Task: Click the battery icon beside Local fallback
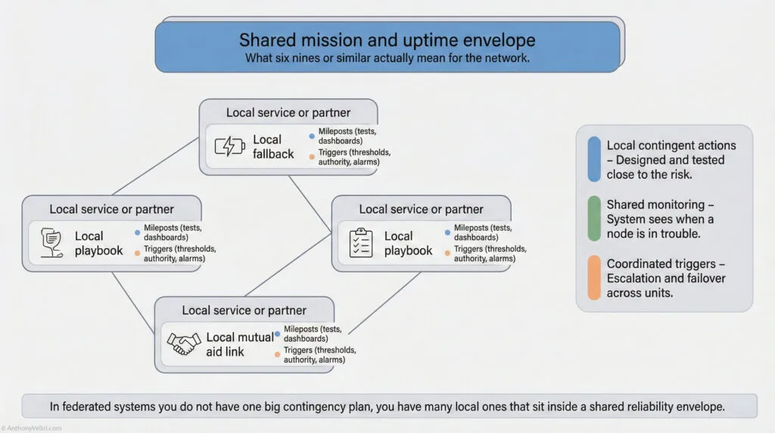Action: (229, 146)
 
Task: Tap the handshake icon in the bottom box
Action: (183, 344)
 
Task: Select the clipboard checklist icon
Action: (360, 242)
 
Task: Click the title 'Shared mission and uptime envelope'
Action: (387, 40)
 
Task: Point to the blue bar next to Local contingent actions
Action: (594, 160)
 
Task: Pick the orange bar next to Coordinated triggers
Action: (594, 279)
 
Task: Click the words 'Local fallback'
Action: (273, 146)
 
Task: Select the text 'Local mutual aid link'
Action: (239, 344)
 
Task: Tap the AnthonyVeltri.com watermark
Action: (32, 428)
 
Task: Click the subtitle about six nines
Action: (387, 58)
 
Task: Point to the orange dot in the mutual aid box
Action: (277, 354)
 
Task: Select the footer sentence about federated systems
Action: (387, 407)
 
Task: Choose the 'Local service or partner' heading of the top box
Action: (288, 113)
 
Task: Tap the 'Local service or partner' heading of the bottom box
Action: (244, 310)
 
